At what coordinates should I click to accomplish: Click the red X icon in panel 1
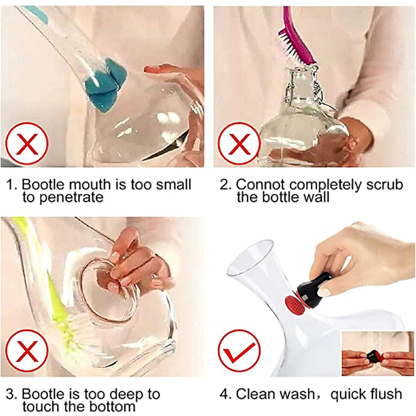27,144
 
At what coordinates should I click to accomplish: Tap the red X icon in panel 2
239,144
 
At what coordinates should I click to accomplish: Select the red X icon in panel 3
27,352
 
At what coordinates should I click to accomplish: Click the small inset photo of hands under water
378,354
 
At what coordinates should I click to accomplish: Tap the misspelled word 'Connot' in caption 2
261,185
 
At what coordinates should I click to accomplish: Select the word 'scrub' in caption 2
385,185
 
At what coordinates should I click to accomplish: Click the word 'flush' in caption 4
385,394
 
